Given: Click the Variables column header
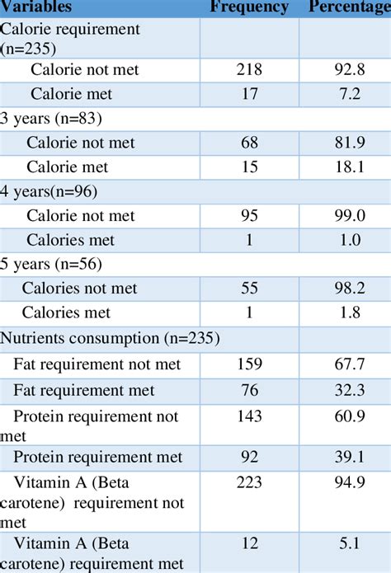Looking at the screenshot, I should click(36, 7).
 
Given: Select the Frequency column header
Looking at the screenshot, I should click(249, 7).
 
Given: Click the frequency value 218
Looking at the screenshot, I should click(249, 70).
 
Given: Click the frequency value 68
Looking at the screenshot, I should click(249, 143).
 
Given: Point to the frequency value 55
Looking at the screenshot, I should click(249, 289).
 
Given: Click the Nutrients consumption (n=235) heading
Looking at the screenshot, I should click(110, 338).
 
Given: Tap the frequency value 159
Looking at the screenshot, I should click(249, 364).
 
